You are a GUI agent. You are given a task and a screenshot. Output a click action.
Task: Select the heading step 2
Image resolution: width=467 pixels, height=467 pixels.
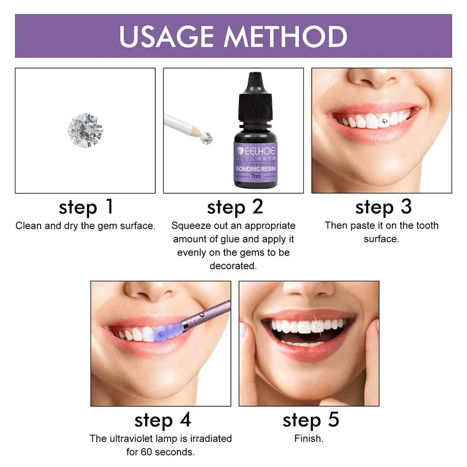point(235,207)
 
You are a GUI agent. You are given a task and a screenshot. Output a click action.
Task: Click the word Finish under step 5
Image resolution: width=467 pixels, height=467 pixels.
point(309,439)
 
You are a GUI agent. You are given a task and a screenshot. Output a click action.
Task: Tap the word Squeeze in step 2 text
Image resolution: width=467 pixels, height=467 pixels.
point(188,226)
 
